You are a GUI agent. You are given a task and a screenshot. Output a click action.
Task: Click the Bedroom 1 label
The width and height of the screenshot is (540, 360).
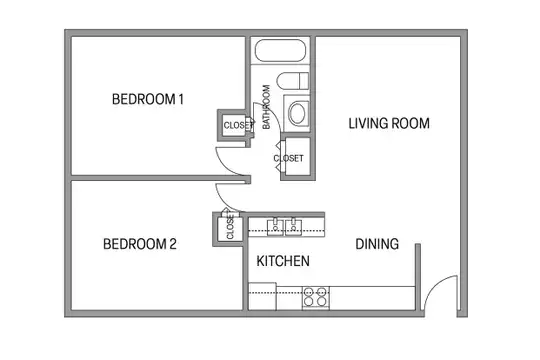[x=147, y=99]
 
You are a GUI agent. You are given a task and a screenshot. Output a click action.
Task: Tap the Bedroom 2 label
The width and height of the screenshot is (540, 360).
[x=139, y=244]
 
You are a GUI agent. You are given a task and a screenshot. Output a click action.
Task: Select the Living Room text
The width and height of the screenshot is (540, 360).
[x=389, y=123]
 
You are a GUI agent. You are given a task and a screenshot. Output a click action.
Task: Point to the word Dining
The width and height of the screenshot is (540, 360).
[x=377, y=244]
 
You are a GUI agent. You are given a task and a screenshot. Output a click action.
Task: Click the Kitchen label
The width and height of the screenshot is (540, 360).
[x=283, y=261]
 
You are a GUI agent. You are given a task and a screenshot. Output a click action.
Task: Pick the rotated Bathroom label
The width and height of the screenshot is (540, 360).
[x=266, y=107]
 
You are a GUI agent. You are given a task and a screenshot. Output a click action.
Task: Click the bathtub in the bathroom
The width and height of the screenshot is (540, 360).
[x=280, y=51]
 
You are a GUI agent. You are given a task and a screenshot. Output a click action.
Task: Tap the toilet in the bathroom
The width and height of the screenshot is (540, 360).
[x=293, y=81]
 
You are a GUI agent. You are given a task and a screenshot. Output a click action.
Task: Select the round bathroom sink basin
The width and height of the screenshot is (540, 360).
[x=297, y=113]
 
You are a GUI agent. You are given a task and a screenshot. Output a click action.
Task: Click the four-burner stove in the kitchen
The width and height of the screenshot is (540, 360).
[x=316, y=297]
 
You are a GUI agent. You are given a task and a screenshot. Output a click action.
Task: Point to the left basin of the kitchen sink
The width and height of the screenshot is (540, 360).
[x=275, y=227]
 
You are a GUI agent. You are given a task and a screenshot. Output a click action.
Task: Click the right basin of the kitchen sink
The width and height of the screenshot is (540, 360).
[x=293, y=227]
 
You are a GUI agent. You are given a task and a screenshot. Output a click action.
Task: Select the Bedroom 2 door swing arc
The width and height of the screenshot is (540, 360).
[x=224, y=203]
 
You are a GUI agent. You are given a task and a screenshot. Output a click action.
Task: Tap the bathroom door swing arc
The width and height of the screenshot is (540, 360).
[x=273, y=111]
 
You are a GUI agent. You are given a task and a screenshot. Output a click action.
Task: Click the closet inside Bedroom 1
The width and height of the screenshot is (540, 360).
[x=234, y=125]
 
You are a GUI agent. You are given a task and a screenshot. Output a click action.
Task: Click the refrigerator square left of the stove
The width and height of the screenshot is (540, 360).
[x=262, y=296]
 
